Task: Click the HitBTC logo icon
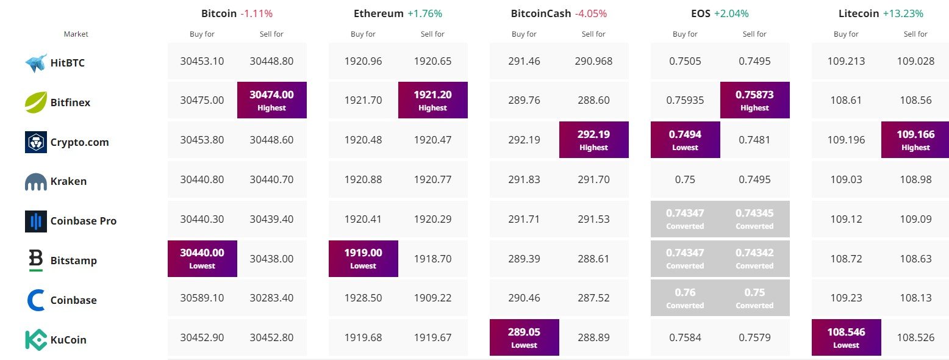(36, 63)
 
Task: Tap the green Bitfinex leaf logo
(36, 102)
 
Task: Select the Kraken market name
(69, 181)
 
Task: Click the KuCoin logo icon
(36, 340)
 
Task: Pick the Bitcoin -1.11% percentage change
(256, 13)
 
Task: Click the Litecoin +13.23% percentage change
(903, 13)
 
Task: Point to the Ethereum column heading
(378, 13)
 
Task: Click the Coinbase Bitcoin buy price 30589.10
(202, 298)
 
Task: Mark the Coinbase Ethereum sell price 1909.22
(432, 298)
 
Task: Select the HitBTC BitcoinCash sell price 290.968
(593, 61)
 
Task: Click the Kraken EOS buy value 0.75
(685, 179)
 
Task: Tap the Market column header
(76, 34)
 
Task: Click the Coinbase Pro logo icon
(36, 221)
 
